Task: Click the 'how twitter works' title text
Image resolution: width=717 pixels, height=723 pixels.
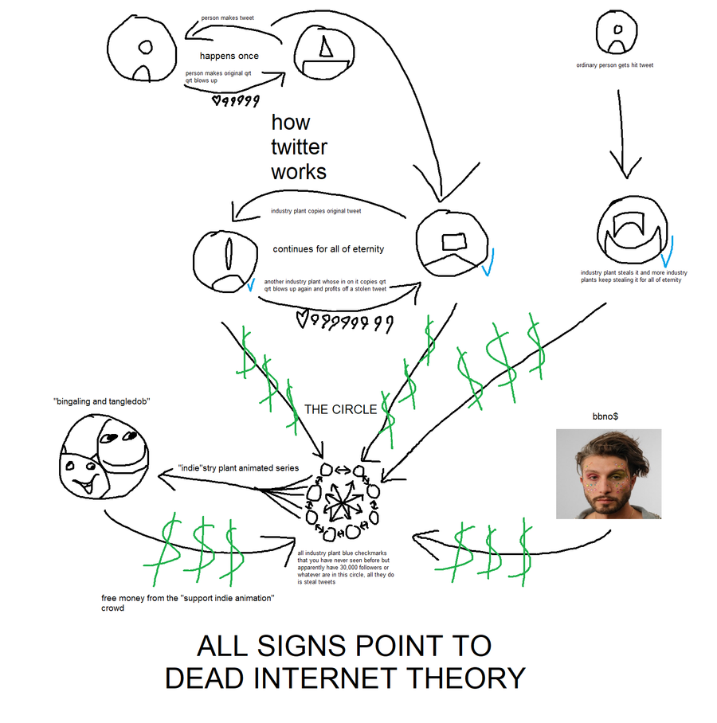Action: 299,147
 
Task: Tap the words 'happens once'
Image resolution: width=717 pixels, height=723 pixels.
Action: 229,56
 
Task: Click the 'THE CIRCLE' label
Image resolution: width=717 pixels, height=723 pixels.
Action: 340,409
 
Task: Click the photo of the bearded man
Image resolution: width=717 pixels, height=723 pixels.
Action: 608,474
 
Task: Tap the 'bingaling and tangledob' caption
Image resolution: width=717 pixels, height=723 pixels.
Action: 104,401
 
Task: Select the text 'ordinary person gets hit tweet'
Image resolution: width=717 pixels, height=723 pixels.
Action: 614,65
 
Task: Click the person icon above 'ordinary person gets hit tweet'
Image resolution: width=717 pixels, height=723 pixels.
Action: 617,33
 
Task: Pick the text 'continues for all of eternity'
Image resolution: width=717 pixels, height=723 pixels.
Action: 328,249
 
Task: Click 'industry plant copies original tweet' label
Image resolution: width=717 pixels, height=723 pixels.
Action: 315,211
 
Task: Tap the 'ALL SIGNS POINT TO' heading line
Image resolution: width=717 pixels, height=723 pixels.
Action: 344,645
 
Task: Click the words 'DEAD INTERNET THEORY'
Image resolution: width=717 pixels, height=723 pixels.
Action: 344,678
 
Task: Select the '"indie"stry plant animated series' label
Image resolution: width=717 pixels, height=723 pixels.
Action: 238,468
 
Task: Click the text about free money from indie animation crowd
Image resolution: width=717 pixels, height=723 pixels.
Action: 188,602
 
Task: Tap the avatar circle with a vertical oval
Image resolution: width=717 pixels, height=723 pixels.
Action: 225,259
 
